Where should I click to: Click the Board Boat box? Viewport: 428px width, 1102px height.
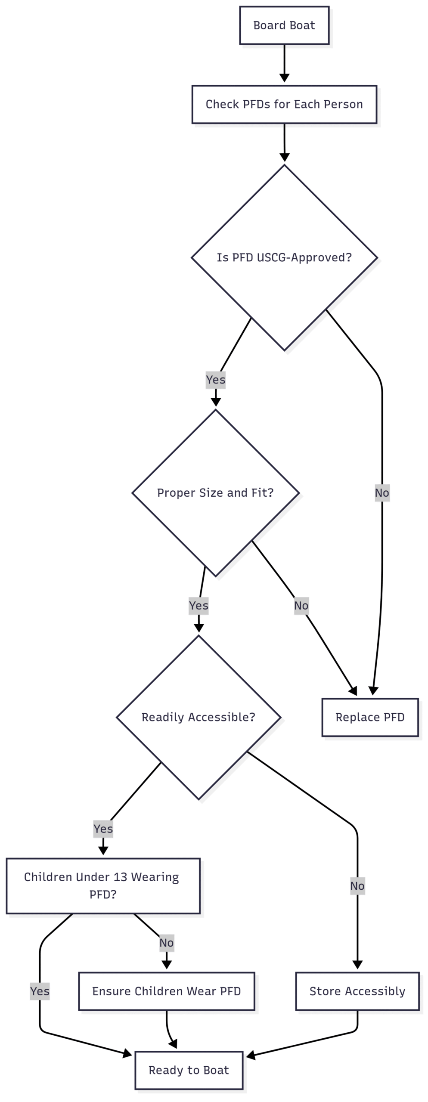point(284,25)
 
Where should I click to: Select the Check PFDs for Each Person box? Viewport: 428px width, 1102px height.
point(284,104)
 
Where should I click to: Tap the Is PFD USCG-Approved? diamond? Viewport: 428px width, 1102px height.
point(284,257)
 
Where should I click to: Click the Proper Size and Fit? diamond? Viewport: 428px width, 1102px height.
point(215,492)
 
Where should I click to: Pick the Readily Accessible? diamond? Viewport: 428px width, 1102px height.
point(198,717)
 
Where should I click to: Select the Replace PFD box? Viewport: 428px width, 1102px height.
point(370,717)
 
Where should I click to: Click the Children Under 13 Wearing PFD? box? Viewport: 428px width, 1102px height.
point(103,885)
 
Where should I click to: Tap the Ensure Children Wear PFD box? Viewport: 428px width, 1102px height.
point(167,991)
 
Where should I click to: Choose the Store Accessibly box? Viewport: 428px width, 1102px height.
point(357,991)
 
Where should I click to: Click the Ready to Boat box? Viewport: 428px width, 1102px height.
point(189,1070)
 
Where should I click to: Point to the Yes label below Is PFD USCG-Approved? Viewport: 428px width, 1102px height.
point(216,380)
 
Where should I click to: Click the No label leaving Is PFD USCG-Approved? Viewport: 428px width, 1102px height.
point(382,492)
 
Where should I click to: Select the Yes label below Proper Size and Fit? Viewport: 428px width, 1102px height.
point(198,605)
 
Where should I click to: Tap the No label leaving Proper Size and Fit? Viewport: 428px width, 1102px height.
point(301,606)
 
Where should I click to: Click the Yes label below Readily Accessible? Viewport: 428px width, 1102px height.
point(103,829)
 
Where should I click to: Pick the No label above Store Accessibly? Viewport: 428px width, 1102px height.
point(357,886)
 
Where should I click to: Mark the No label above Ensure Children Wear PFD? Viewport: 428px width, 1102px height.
point(167,943)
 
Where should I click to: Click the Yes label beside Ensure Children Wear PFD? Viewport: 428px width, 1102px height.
point(40,991)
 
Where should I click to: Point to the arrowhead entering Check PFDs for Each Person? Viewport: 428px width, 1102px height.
point(284,78)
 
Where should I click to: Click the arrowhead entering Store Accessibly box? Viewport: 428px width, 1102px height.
point(357,965)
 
